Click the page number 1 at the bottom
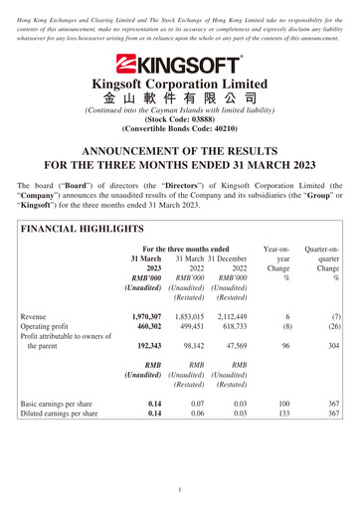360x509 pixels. pos(180,490)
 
